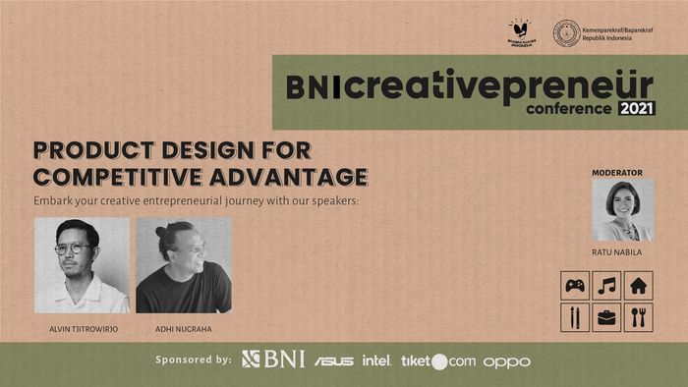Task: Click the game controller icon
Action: tap(575, 286)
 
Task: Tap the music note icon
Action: tap(606, 286)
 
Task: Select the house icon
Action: tap(638, 286)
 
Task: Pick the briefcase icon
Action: tap(606, 316)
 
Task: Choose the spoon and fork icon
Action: tap(638, 316)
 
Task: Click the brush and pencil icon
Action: tap(575, 316)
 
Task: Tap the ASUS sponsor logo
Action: tap(334, 360)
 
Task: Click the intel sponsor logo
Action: tap(376, 360)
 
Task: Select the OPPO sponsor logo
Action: tap(506, 361)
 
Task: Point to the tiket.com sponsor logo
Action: tap(437, 360)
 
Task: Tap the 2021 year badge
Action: tap(636, 108)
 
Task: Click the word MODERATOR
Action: tap(616, 173)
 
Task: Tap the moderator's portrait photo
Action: tap(622, 210)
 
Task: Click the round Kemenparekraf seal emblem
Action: tap(566, 33)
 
